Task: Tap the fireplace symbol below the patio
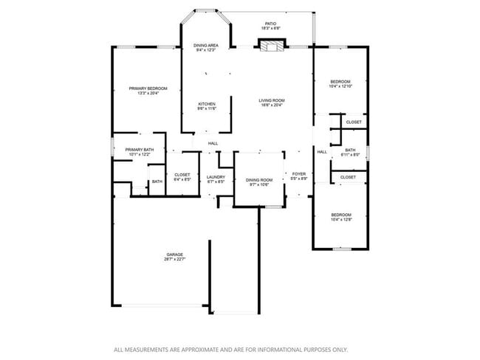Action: (x=271, y=46)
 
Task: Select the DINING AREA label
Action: (x=205, y=46)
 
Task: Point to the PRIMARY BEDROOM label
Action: (x=148, y=89)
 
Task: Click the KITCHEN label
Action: (x=206, y=104)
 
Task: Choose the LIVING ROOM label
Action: (x=271, y=100)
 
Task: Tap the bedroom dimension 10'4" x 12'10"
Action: (x=340, y=86)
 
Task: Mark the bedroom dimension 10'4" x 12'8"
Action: (x=340, y=220)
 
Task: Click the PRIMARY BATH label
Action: (x=140, y=150)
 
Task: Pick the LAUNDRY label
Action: (x=216, y=176)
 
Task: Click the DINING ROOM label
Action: (x=259, y=180)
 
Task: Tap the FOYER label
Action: (x=298, y=174)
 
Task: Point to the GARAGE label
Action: (x=174, y=255)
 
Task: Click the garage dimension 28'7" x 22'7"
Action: (x=174, y=260)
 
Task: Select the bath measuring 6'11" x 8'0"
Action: (x=350, y=155)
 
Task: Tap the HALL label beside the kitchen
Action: (x=213, y=143)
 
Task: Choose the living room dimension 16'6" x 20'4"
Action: (x=271, y=105)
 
